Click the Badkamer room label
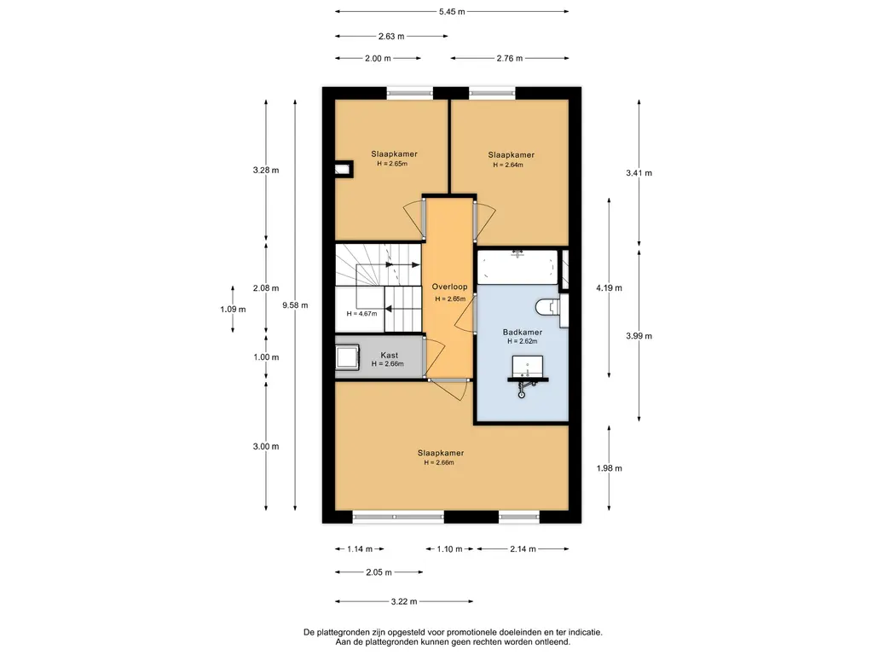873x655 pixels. point(523,332)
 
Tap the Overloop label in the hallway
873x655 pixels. point(450,287)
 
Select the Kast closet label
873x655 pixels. point(389,355)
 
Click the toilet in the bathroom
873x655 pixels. point(548,306)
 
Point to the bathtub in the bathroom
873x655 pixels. point(517,267)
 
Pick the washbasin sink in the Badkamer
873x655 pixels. point(527,368)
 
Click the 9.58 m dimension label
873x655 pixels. point(295,305)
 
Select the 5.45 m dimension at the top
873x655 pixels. point(452,12)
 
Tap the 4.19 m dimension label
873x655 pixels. point(609,288)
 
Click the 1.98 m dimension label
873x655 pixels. point(609,468)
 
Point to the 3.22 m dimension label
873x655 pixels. point(403,601)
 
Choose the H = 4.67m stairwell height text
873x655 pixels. point(361,314)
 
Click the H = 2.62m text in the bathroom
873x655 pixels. point(523,341)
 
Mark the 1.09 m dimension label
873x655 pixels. point(233,310)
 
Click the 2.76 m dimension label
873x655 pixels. point(510,58)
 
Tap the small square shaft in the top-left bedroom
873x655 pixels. point(344,169)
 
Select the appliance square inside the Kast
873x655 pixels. point(347,356)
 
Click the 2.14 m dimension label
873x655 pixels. point(523,549)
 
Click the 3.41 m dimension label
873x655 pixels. point(639,173)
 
